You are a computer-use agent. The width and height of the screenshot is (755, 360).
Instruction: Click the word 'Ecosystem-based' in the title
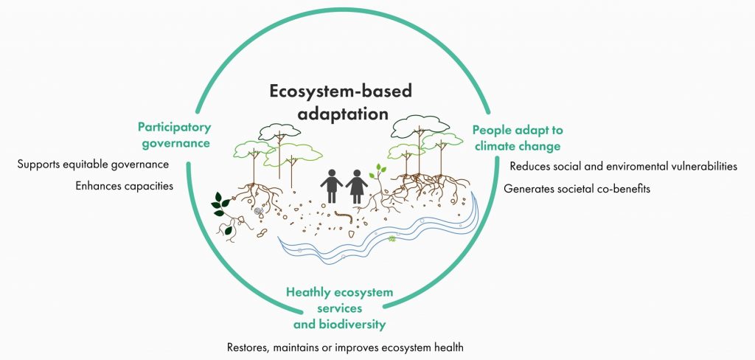tap(341, 91)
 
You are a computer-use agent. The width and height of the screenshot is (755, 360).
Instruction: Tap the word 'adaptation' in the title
tap(342, 114)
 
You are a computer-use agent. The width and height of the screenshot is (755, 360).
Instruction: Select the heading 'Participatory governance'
tap(174, 136)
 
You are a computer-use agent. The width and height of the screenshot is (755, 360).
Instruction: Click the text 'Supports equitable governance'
tap(93, 165)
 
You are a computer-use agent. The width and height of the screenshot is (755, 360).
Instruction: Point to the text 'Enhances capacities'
tap(124, 186)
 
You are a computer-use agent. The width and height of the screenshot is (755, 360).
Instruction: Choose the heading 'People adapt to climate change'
tap(518, 138)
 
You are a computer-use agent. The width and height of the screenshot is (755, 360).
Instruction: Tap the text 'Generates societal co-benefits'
tap(577, 189)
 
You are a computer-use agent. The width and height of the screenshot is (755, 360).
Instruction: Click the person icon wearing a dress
tap(357, 186)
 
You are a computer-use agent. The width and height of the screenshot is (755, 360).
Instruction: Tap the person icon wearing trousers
tap(332, 186)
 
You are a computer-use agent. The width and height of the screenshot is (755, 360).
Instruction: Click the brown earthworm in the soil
tap(344, 216)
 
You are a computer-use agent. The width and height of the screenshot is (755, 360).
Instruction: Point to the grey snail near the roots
tap(259, 211)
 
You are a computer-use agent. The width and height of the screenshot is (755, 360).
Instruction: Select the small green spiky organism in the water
tap(392, 238)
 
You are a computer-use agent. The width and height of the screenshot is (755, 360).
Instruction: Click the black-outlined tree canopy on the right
tap(420, 126)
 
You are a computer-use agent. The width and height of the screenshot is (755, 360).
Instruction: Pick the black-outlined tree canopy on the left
tap(279, 131)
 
